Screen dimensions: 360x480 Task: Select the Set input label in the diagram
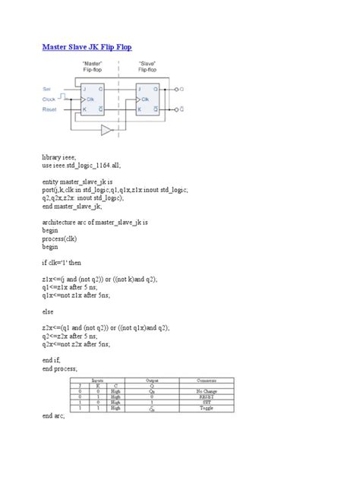click(x=47, y=89)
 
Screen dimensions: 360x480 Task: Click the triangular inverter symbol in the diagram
click(x=107, y=130)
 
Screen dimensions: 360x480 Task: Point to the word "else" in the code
click(x=48, y=311)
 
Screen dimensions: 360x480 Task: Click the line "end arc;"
click(x=54, y=416)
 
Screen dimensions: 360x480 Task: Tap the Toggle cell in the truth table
click(x=206, y=408)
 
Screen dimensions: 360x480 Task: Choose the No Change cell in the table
click(x=206, y=390)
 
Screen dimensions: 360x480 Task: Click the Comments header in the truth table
click(x=206, y=379)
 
